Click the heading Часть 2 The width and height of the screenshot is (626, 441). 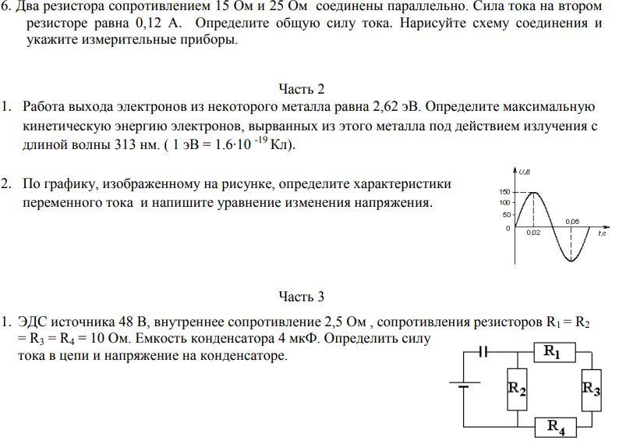(x=301, y=88)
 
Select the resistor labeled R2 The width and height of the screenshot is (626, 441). (x=517, y=388)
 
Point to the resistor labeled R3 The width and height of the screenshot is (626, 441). (x=591, y=388)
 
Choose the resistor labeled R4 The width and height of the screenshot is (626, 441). (x=556, y=426)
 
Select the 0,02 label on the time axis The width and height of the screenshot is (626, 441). (x=533, y=233)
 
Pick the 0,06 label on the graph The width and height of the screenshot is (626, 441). (x=571, y=222)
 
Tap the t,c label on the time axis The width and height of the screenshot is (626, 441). (x=602, y=233)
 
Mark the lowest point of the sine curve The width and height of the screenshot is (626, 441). (x=571, y=261)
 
